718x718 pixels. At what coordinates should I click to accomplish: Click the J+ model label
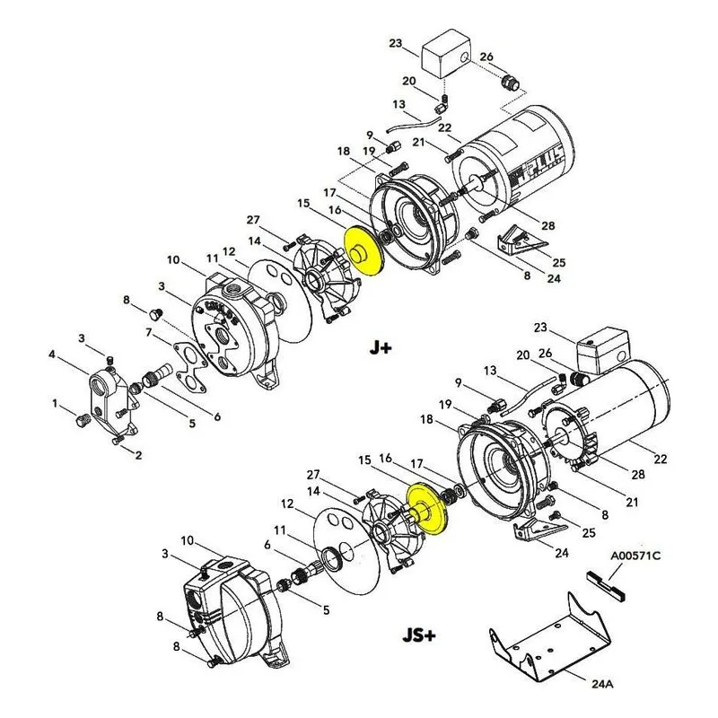coord(381,348)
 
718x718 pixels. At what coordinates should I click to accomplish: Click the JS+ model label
coord(419,635)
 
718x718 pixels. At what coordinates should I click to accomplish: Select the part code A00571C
coord(635,556)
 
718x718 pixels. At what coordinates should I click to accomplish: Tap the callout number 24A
coord(602,684)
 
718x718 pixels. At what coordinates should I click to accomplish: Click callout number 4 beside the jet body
coord(52,355)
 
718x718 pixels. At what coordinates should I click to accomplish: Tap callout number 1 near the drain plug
coord(55,404)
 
